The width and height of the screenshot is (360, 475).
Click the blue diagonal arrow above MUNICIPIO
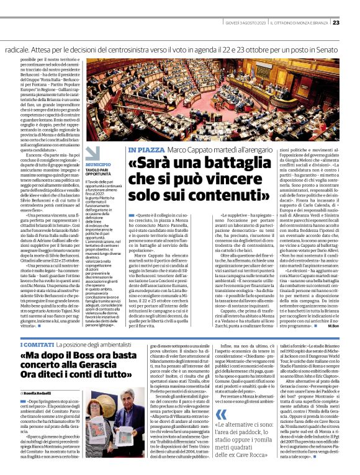click(92, 153)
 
